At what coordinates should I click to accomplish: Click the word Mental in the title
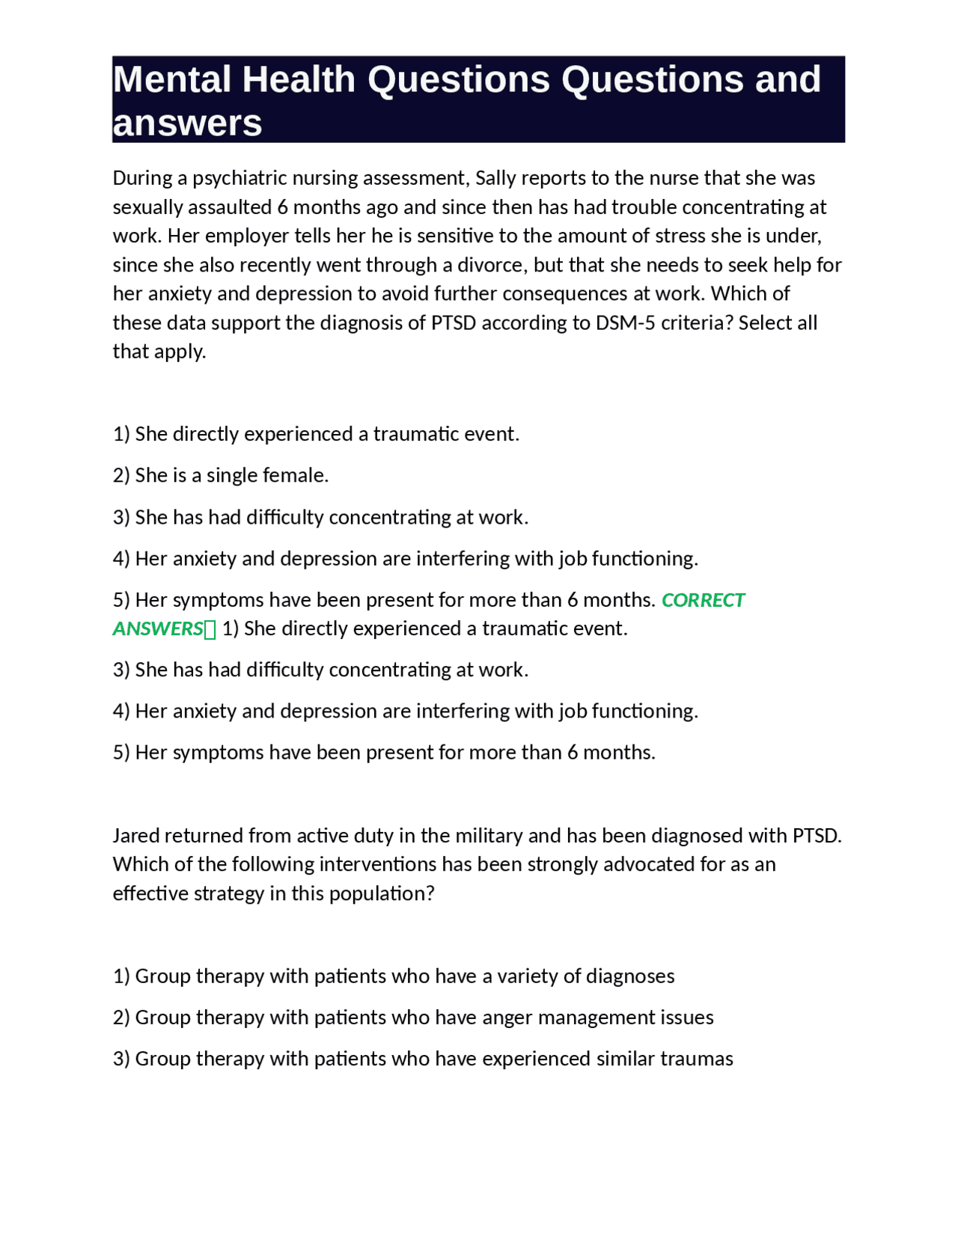[x=172, y=79]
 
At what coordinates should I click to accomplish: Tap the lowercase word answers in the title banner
[x=187, y=123]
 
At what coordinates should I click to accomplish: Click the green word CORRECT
[x=703, y=600]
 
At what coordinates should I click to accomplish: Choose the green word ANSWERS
[x=158, y=628]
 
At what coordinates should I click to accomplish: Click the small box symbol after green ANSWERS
[x=210, y=629]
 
